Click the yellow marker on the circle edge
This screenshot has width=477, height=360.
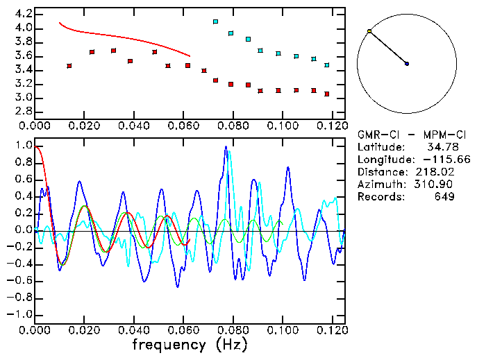pos(369,31)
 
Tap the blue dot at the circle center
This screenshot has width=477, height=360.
pos(407,64)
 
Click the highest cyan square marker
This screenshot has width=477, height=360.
pos(215,22)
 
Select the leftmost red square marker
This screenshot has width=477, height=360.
pos(69,66)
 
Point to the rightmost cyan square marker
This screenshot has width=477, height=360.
pos(326,65)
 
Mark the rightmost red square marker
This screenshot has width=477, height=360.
pos(326,94)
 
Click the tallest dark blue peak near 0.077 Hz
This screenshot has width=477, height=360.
pos(226,147)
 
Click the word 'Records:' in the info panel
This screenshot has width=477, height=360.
pos(380,197)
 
